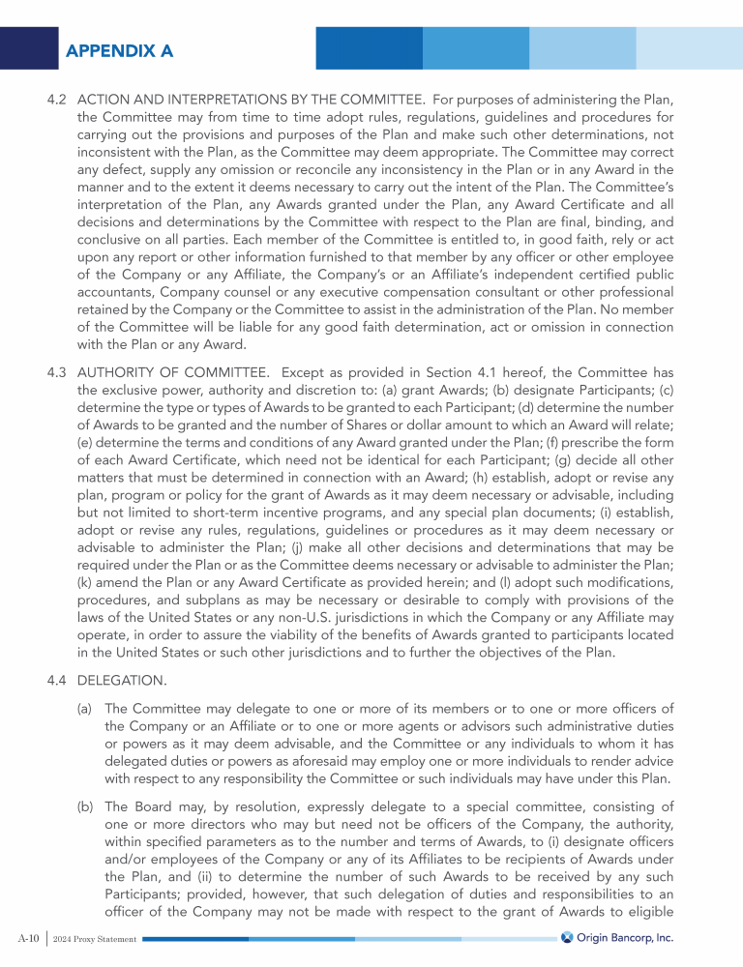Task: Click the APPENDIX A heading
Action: (120, 51)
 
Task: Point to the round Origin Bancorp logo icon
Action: (568, 938)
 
